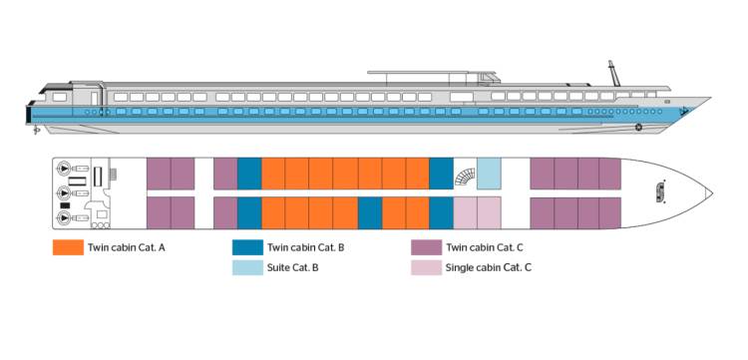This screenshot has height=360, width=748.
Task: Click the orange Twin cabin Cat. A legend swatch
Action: pos(66,247)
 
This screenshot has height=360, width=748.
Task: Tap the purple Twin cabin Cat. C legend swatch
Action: pos(425,247)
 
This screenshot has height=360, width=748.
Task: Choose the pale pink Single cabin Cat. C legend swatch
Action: pos(425,268)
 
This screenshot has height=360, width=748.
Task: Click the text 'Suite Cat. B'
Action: pos(292,268)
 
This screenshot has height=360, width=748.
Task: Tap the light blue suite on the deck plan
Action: pos(489,174)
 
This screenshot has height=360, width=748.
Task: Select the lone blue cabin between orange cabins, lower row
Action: pos(370,212)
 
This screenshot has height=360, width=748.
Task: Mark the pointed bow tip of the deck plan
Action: pos(709,192)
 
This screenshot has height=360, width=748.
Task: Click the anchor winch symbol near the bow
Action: pos(660,191)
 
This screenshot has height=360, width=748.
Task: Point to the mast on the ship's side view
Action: pos(614,73)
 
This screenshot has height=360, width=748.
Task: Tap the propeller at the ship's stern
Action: pos(37,129)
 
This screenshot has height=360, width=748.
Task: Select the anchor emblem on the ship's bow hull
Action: pos(638,127)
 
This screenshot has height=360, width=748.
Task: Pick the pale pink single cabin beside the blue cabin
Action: pos(465,212)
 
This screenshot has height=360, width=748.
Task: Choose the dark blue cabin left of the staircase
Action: pos(441,174)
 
